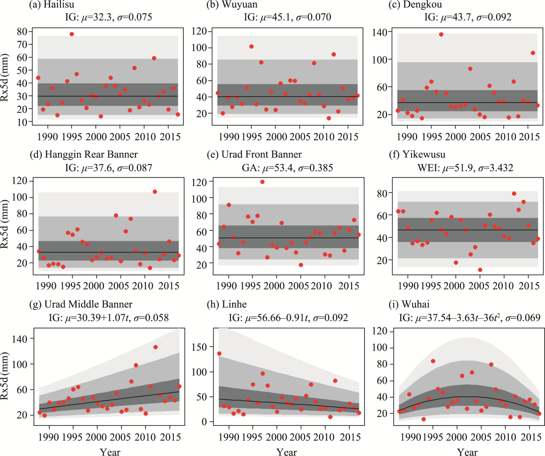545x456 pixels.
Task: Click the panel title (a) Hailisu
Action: pos(51,5)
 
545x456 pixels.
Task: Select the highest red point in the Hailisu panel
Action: pos(72,34)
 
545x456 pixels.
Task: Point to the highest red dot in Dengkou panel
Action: pos(441,34)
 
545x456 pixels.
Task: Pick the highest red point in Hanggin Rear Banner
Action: pos(155,192)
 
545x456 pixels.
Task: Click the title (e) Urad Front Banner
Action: pos(254,155)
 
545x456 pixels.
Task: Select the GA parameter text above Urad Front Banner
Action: pos(287,168)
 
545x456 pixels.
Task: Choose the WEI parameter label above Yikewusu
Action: pos(465,168)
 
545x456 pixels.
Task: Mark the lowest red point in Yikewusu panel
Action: pos(480,270)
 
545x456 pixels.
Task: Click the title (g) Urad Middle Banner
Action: pos(81,304)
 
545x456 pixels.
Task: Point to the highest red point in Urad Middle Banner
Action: pos(156,347)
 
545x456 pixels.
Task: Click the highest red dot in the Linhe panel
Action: pos(219,354)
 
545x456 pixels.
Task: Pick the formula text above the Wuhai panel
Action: pos(470,318)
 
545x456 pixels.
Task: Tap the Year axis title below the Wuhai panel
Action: pos(467,452)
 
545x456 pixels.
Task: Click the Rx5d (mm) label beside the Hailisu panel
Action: pos(5,78)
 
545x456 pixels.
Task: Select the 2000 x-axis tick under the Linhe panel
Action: pos(276,437)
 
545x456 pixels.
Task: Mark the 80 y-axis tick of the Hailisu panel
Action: pos(23,31)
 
